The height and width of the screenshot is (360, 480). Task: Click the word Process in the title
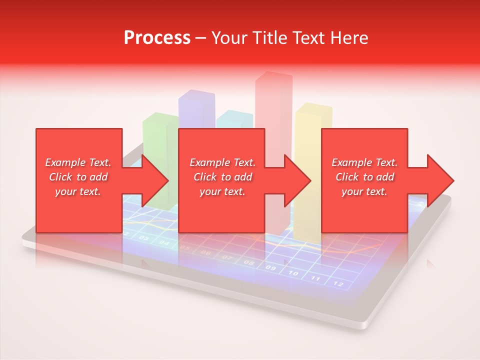[x=157, y=38]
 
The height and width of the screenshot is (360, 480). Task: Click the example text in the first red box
[x=78, y=177]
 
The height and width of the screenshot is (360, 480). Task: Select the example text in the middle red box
[x=222, y=177]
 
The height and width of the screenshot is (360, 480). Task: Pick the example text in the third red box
[x=364, y=177]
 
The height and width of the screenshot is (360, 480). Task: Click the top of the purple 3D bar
[x=197, y=94]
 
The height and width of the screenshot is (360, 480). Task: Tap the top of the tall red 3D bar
[x=274, y=75]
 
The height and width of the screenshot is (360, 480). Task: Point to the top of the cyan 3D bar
[x=234, y=114]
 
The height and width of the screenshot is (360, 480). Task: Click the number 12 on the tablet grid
[x=338, y=283]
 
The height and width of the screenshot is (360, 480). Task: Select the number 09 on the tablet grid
[x=270, y=268]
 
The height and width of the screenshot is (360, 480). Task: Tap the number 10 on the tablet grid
[x=293, y=273]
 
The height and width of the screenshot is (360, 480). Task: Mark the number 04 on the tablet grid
[x=164, y=243]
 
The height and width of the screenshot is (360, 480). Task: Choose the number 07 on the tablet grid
[x=227, y=258]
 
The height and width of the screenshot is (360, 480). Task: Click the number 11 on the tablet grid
[x=315, y=278]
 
